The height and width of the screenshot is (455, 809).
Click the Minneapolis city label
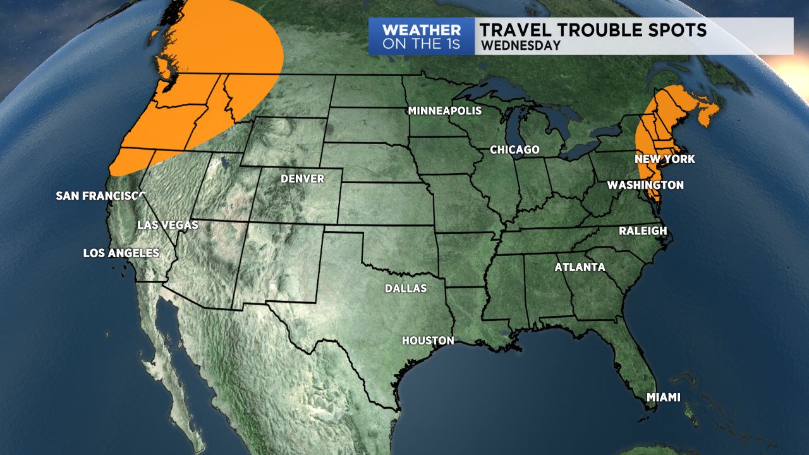coord(444,111)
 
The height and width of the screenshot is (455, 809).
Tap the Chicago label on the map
coord(514,150)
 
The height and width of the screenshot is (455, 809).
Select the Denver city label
coord(302,179)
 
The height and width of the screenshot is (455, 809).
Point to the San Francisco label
coord(100,196)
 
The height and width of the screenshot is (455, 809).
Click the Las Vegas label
coord(168,225)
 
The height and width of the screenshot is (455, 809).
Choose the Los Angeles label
coord(121,253)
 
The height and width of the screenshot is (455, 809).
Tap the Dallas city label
coord(406,289)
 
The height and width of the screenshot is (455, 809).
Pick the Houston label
coord(428,341)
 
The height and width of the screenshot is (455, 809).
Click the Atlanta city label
coord(580,267)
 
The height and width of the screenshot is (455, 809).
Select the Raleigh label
coord(643,231)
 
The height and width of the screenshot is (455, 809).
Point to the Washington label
coord(645,185)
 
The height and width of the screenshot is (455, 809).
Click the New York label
coord(665,159)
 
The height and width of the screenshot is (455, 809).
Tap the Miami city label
coord(663,397)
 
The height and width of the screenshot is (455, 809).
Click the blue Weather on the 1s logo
coord(421,36)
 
